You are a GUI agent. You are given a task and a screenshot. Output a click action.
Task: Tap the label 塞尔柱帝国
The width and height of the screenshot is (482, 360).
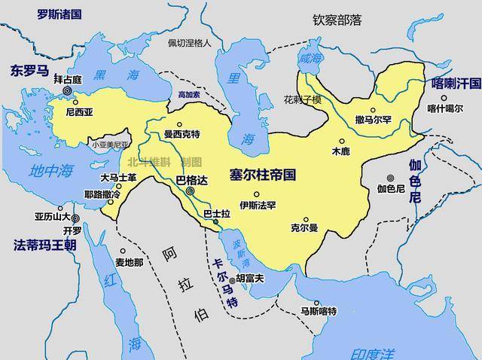click(263, 175)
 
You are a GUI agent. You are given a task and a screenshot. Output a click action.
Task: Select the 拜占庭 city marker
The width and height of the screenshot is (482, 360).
click(67, 90)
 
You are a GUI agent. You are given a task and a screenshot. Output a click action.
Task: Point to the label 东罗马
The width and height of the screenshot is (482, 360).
click(29, 71)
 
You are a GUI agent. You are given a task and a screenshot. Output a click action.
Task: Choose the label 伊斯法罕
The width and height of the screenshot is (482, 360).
click(258, 205)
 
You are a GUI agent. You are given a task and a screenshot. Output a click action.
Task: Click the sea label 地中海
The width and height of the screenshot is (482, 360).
click(47, 171)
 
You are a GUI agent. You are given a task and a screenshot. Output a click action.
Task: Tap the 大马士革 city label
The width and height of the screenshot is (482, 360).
click(118, 178)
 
